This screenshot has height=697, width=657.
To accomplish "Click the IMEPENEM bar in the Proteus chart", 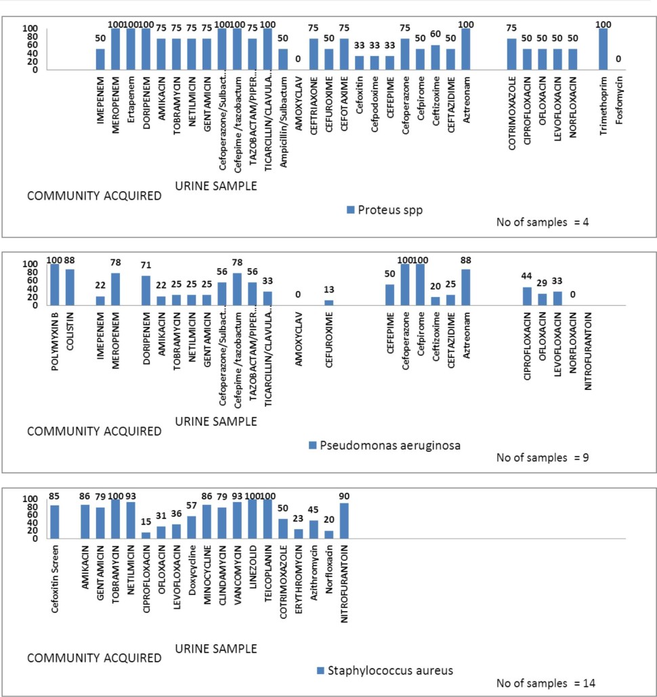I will coord(100,59).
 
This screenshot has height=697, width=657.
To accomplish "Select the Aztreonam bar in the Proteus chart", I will coord(466,49).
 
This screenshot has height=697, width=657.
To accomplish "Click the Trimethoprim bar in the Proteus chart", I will coord(603,49).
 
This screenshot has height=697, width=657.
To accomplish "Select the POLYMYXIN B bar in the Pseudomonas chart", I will coord(55,284).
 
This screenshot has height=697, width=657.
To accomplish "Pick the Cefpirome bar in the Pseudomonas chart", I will coord(421,284).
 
